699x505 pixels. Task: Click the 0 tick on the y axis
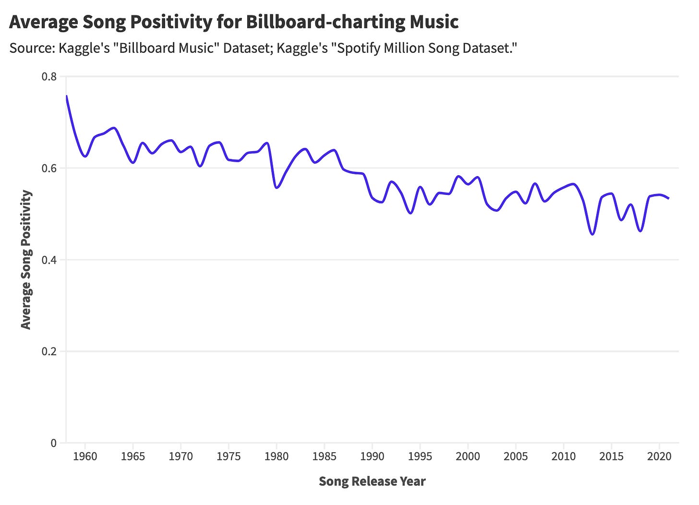coord(54,443)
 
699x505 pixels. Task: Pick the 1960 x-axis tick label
coord(85,457)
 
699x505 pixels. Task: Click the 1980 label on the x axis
coord(277,457)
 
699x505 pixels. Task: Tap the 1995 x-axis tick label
coord(420,457)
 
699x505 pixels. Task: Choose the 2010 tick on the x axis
coord(564,457)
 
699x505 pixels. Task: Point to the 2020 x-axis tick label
coord(659,457)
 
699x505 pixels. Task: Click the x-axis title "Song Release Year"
coord(372,481)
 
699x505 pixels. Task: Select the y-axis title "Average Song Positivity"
coord(26,260)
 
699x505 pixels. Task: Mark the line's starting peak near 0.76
coord(66,96)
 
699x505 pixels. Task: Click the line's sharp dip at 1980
coord(277,187)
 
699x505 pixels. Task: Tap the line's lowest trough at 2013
coord(592,234)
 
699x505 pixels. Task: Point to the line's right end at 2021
coord(668,198)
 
